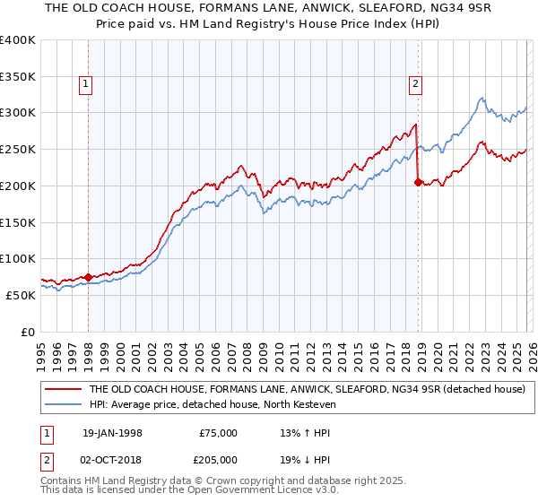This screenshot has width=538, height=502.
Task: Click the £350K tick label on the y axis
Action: (18, 77)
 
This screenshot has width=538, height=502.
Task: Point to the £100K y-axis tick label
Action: (18, 258)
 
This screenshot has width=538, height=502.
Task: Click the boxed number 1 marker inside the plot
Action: (86, 85)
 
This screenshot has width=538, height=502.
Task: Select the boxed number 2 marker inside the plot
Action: (416, 85)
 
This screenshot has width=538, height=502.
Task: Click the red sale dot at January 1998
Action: (88, 277)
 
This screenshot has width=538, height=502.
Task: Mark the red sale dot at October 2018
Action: (418, 182)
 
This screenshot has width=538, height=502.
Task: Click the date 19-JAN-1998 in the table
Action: (112, 433)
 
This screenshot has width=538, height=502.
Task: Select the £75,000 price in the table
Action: (219, 433)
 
